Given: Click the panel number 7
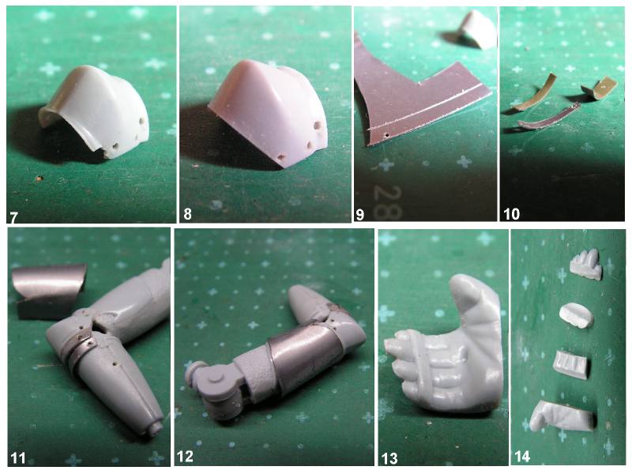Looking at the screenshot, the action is click(x=13, y=218).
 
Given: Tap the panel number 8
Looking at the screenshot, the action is click(x=187, y=214).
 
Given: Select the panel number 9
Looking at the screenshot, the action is click(x=359, y=214).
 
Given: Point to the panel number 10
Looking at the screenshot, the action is click(x=511, y=214).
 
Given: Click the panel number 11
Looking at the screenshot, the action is click(x=18, y=458).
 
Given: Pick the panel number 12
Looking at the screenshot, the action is click(x=186, y=457).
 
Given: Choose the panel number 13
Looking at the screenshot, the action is click(x=389, y=458).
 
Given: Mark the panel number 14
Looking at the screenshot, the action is click(x=522, y=457).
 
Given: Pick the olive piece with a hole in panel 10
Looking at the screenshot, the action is click(x=600, y=89).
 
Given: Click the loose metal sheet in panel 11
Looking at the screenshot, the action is click(x=48, y=290).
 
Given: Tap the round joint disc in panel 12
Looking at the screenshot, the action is click(x=214, y=379).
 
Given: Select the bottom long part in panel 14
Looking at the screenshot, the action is click(x=562, y=416).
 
